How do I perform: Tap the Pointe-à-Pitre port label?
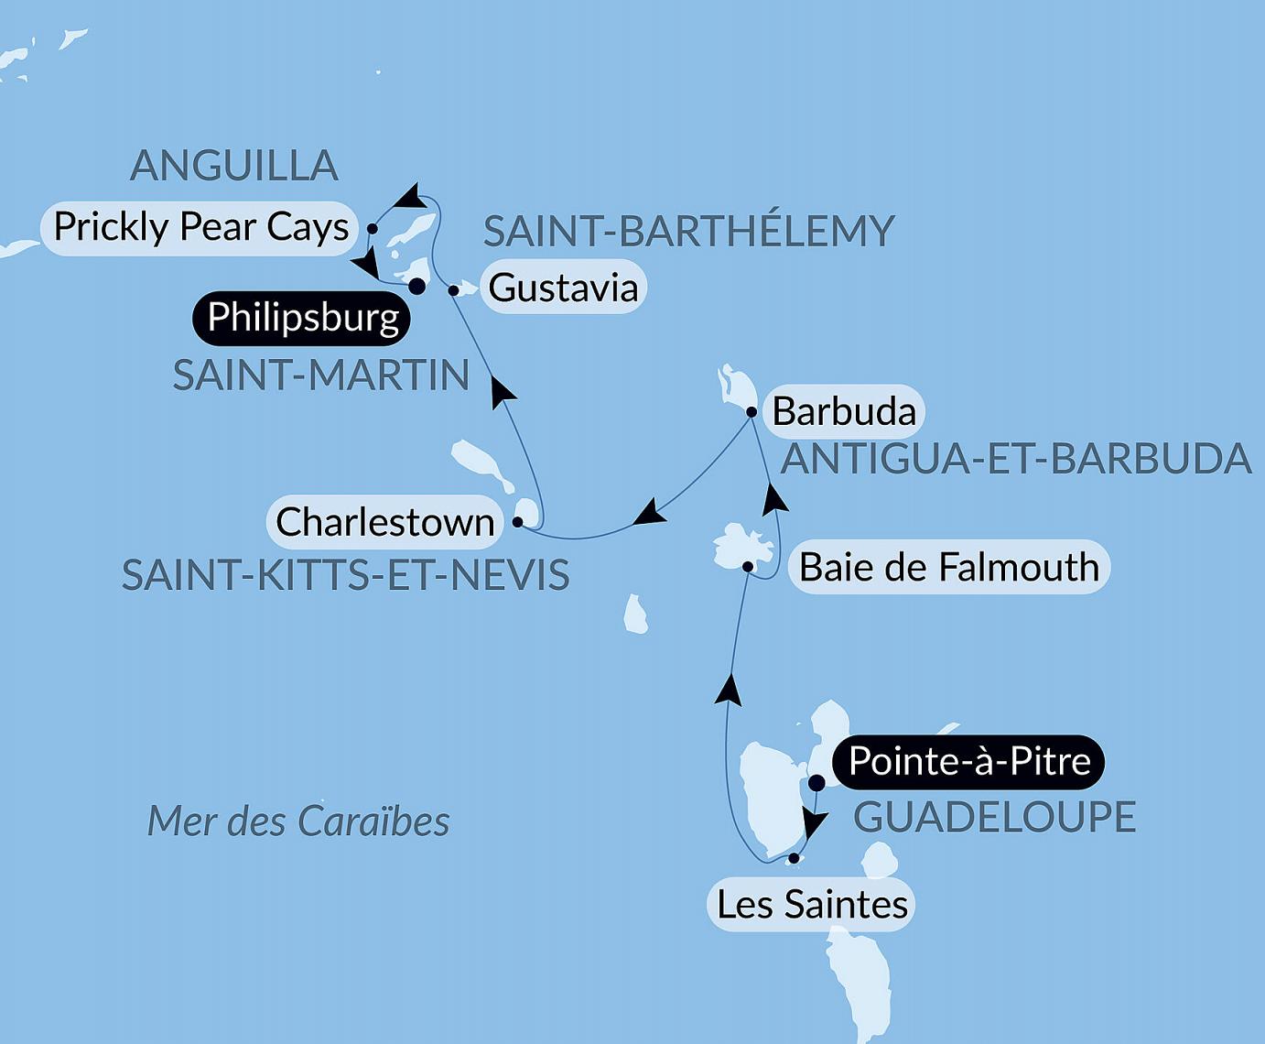tap(969, 762)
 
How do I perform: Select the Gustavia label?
tap(563, 288)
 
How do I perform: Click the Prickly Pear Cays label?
tap(200, 226)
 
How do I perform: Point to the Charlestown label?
tap(384, 522)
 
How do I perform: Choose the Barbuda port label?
tap(844, 411)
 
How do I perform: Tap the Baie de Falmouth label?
tap(948, 567)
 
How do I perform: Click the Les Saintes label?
tap(812, 905)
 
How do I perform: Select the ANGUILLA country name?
tap(234, 166)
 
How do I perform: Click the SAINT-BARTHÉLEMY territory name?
tap(688, 231)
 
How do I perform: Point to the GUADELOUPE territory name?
tap(994, 817)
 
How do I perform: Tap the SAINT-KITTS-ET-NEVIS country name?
tap(345, 575)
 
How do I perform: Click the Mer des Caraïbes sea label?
tap(298, 821)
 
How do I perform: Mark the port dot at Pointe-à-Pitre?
tap(817, 783)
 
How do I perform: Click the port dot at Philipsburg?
tap(416, 287)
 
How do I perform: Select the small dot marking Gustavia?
tap(453, 290)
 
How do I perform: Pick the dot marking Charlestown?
tap(517, 522)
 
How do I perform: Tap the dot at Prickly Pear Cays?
tap(373, 228)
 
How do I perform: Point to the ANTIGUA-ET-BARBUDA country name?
tap(1015, 458)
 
